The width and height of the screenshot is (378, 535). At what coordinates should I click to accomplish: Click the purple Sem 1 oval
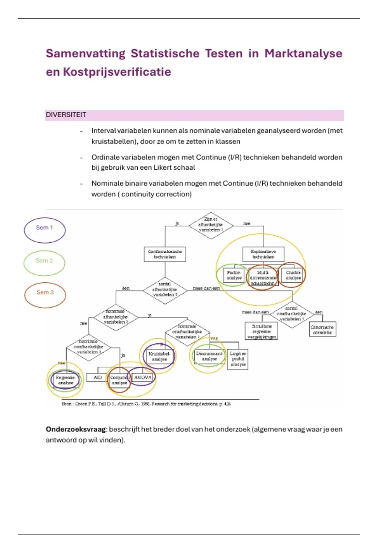click(x=44, y=230)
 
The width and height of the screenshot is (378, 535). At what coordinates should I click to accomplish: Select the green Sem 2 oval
click(x=44, y=263)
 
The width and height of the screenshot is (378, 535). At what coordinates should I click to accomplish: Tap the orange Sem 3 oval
click(x=45, y=295)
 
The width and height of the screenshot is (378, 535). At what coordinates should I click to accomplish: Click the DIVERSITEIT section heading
click(x=66, y=115)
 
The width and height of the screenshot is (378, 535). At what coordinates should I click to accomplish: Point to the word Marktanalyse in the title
click(x=303, y=53)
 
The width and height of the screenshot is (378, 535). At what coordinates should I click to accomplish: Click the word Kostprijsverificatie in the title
click(x=117, y=72)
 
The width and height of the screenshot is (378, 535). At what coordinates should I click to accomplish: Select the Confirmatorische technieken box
click(x=165, y=254)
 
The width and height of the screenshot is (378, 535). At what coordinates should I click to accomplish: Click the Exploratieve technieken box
click(x=263, y=254)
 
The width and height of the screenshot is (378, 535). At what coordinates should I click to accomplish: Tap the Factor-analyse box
click(x=234, y=275)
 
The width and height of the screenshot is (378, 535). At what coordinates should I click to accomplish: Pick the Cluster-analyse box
click(x=293, y=275)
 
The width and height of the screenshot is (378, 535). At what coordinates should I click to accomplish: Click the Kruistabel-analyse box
click(x=159, y=356)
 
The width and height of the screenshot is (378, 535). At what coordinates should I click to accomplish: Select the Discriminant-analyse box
click(x=209, y=356)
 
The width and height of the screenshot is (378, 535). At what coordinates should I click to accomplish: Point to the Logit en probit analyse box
click(x=238, y=359)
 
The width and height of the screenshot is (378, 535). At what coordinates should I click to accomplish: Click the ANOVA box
click(x=143, y=377)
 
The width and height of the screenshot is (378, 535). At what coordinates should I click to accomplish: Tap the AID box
click(x=98, y=377)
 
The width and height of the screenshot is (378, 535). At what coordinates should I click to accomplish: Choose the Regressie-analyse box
click(x=66, y=380)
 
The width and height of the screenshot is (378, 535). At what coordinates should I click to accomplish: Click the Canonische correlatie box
click(x=322, y=329)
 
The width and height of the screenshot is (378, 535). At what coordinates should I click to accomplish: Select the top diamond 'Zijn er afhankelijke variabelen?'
click(x=211, y=225)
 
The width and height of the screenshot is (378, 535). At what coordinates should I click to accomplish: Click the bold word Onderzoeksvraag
click(x=76, y=429)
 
